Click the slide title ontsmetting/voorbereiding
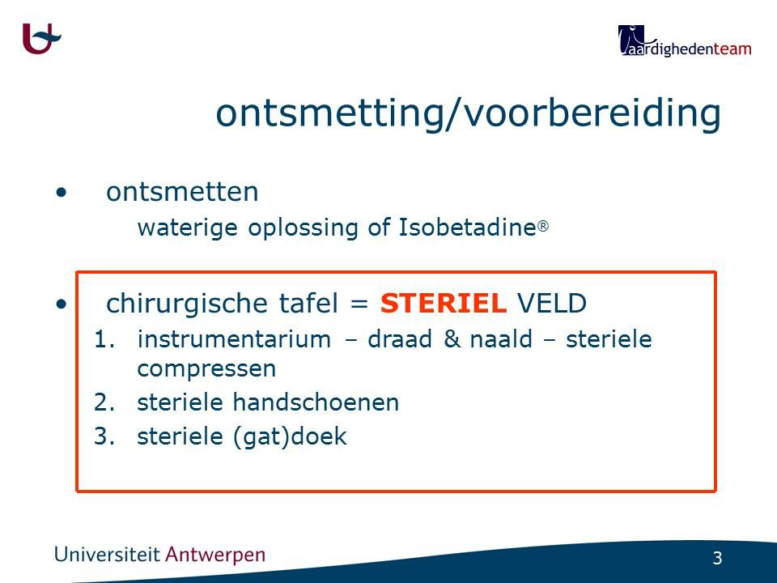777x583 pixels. [469, 113]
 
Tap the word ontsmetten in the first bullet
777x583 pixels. [182, 192]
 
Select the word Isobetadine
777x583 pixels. [467, 228]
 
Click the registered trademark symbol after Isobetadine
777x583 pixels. [543, 227]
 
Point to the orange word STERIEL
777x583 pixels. [444, 303]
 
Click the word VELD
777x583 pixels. [552, 303]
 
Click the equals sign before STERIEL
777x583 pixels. [359, 304]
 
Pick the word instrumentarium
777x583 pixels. [234, 339]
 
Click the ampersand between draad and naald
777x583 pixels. [452, 339]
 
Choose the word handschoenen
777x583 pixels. [316, 402]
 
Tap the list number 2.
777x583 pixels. [104, 402]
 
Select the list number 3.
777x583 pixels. [104, 436]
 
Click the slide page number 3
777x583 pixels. [717, 558]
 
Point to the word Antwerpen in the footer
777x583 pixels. [215, 555]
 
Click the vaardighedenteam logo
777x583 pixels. [685, 40]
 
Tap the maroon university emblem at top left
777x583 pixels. [41, 38]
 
